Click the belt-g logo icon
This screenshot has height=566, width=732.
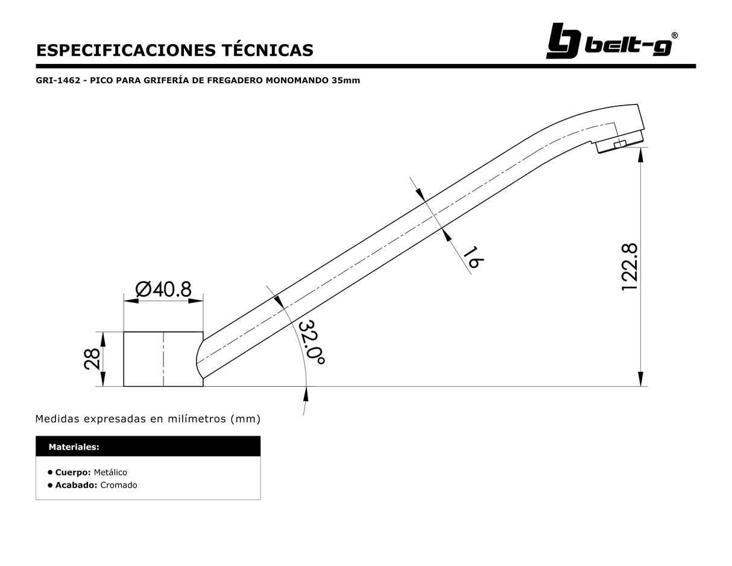[x=563, y=41]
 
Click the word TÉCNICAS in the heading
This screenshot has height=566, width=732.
[x=268, y=49]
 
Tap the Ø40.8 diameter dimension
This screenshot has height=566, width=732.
[x=163, y=290]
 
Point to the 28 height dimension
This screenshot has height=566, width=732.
[x=92, y=359]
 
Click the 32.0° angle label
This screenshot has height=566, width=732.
[x=312, y=342]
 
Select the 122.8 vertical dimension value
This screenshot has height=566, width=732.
[x=629, y=267]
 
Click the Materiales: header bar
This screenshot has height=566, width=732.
[x=148, y=447]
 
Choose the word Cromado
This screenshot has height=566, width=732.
[x=119, y=485]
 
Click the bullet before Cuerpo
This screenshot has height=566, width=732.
[x=50, y=472]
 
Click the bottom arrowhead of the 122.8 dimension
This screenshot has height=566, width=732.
[x=640, y=379]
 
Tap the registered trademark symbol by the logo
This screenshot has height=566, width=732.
[x=674, y=36]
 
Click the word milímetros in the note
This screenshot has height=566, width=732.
[x=197, y=419]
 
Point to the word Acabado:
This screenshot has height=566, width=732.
[x=76, y=485]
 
